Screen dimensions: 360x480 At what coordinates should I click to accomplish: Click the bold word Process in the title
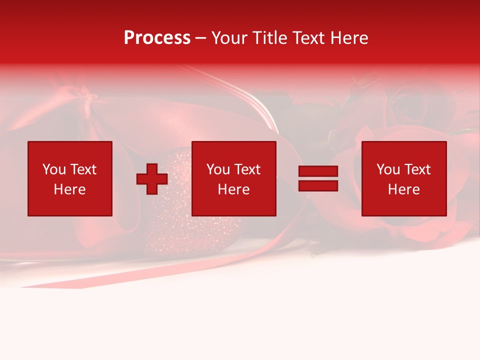157,38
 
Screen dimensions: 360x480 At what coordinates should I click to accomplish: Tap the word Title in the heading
270,38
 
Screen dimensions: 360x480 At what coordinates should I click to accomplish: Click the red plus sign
152,179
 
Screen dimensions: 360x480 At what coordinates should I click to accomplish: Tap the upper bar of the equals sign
318,171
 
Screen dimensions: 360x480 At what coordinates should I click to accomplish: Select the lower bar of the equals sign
318,185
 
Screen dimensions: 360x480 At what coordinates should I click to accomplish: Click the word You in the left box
54,169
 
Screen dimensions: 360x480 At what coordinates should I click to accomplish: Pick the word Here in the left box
69,189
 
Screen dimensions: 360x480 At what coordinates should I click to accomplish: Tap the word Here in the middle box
233,189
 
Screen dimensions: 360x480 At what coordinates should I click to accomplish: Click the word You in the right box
388,169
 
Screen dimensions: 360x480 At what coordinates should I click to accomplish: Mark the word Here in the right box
403,189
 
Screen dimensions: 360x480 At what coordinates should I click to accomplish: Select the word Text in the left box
83,169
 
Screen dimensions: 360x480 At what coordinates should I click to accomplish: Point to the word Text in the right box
417,169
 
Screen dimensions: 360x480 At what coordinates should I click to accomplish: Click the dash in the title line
200,38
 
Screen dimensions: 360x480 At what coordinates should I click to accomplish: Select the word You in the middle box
218,169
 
